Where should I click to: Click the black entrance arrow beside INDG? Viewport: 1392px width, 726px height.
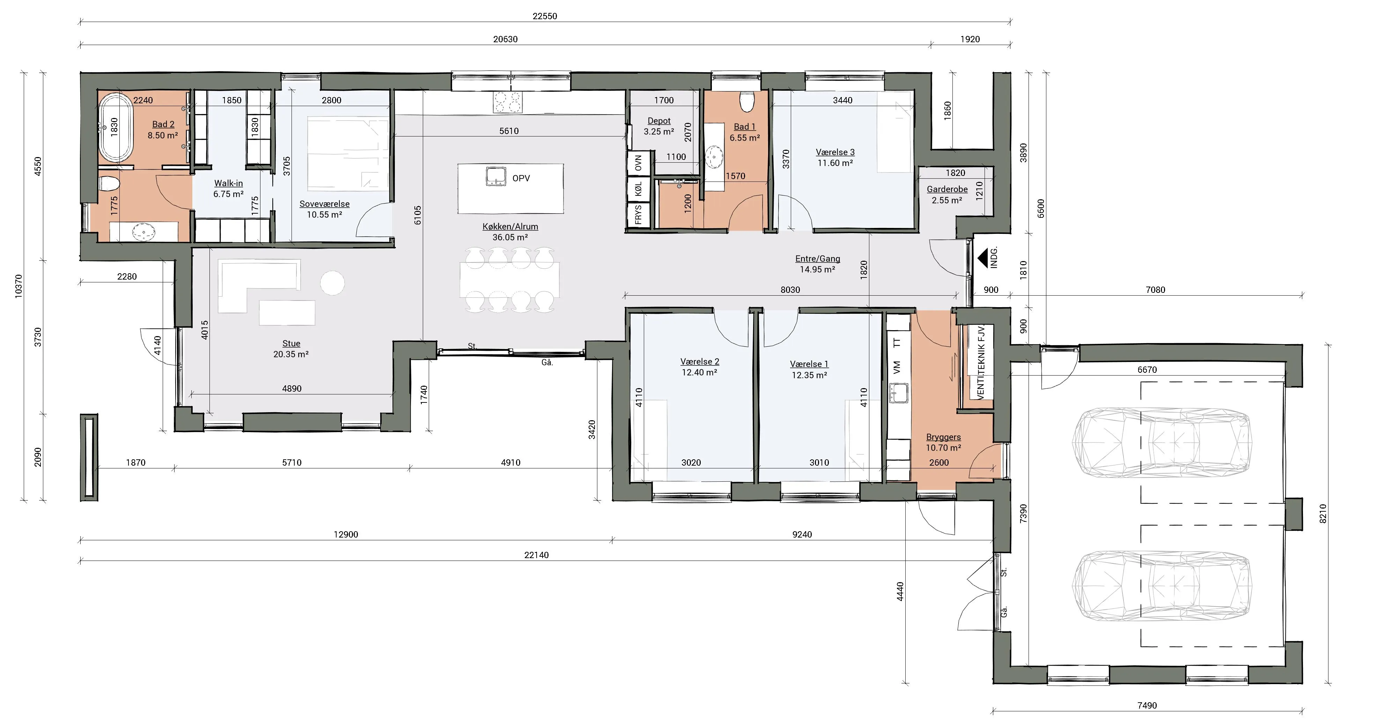[x=982, y=258]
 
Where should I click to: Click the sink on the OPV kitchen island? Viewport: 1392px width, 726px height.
[x=495, y=176]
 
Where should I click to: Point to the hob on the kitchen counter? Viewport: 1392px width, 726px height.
[x=507, y=102]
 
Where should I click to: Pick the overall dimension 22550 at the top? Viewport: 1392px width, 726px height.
[x=545, y=16]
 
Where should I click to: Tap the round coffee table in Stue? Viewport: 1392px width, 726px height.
[x=332, y=282]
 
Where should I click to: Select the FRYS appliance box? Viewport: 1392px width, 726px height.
[x=638, y=214]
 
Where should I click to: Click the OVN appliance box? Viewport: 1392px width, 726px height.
[x=638, y=163]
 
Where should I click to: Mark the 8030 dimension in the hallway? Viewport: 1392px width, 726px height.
[x=790, y=290]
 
